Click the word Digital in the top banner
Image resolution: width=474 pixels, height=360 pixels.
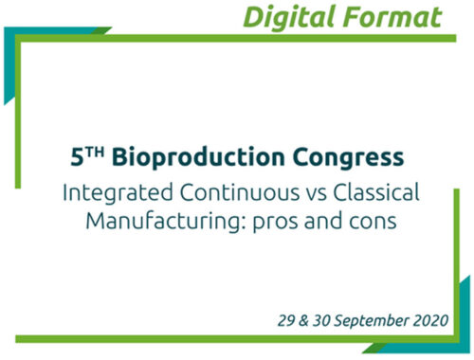[x=289, y=18]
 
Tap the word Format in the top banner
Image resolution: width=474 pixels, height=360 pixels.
[x=392, y=17]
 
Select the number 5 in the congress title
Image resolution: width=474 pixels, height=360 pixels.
[x=77, y=157]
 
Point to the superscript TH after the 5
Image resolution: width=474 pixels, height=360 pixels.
[x=95, y=153]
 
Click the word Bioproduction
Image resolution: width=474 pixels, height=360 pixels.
[x=198, y=158]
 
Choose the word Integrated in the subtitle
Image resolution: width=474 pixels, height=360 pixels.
[x=118, y=193]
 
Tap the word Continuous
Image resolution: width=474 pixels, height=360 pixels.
[x=240, y=192]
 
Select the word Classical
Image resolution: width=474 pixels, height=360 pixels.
[x=376, y=192]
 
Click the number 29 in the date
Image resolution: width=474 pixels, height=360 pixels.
[x=286, y=320]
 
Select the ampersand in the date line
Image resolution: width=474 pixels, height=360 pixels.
[x=303, y=320]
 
